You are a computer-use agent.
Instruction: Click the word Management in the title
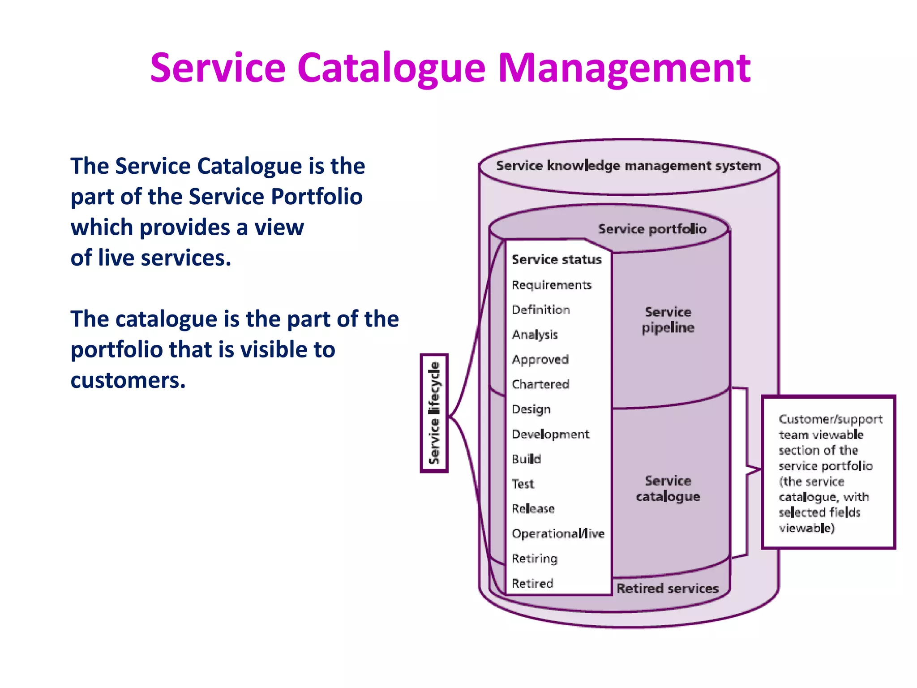[624, 68]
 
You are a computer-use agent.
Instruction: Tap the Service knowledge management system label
[628, 166]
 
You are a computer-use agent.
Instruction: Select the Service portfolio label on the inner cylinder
[652, 229]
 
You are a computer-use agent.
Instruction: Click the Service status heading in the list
[556, 259]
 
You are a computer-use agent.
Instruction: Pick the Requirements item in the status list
[551, 285]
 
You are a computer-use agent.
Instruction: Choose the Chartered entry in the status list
[540, 384]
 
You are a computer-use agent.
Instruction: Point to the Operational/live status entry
[557, 533]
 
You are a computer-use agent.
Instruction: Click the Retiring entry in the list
[534, 559]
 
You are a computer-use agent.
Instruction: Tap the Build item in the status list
[526, 459]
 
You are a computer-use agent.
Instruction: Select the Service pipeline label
[668, 320]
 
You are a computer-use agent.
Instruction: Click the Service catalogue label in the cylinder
[668, 488]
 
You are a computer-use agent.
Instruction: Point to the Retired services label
[667, 588]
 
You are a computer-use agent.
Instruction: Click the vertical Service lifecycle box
[434, 413]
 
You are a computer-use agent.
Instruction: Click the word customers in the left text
[128, 380]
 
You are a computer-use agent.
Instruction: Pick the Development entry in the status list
[550, 434]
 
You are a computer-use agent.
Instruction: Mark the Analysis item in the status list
[535, 335]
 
